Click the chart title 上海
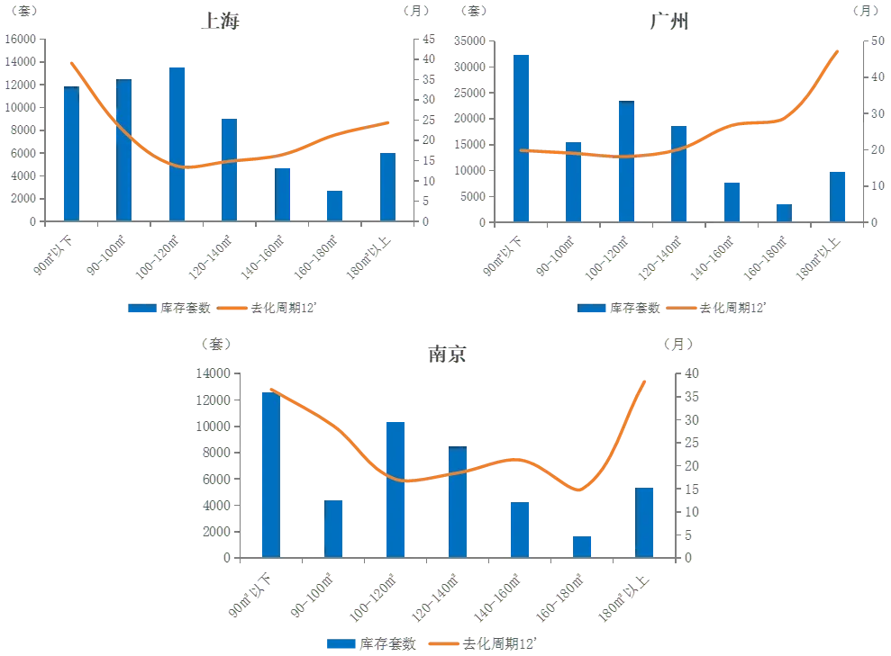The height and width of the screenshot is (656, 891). (x=221, y=21)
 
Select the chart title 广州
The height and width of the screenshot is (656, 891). (x=669, y=22)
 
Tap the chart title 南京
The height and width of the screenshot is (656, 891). (x=447, y=355)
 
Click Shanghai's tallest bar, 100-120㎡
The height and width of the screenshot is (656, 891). (x=177, y=144)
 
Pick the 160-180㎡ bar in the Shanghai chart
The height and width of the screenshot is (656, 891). (x=335, y=206)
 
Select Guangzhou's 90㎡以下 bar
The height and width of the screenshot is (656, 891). (x=521, y=139)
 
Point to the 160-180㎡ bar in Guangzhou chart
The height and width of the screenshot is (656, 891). (x=784, y=212)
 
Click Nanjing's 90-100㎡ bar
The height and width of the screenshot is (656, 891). (x=333, y=529)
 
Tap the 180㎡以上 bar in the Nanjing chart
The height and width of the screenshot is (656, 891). (x=644, y=523)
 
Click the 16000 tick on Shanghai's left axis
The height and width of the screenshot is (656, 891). (x=21, y=40)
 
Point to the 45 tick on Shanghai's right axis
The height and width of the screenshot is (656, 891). (x=429, y=40)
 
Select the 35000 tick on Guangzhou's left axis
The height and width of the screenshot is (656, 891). (x=470, y=40)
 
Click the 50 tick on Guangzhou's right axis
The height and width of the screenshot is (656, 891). (x=877, y=40)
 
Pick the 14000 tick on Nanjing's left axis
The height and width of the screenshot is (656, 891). (x=214, y=373)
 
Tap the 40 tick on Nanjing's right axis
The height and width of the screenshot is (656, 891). (x=692, y=373)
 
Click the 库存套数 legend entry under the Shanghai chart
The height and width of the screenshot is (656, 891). (x=169, y=308)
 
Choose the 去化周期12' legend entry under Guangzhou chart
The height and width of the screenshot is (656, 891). (x=716, y=308)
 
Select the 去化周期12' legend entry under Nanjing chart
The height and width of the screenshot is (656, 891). (x=482, y=643)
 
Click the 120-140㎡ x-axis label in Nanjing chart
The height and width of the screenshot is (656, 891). (x=435, y=598)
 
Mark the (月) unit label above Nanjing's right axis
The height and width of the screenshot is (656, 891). (x=678, y=344)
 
